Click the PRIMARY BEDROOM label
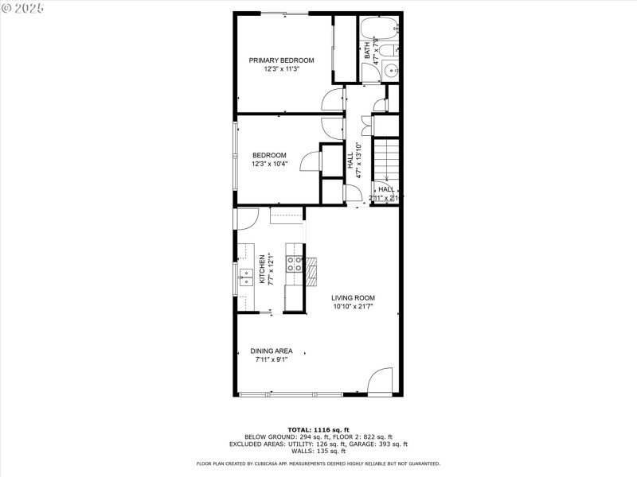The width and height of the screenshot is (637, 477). pos(281,60)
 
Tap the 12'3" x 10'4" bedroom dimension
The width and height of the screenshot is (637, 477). pos(269,165)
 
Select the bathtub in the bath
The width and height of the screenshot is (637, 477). pos(378,30)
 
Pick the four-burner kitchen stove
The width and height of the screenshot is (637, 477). pos(295,265)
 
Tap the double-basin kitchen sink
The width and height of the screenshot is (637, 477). pos(247,276)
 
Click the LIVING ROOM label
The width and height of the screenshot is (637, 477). pos(353,298)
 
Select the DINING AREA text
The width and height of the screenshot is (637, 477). pos(271,351)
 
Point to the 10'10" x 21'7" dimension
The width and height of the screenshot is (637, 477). pos(353,307)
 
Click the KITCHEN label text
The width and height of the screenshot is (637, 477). pos(262,270)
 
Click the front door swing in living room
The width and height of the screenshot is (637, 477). pos(381,380)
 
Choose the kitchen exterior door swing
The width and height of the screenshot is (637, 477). pos(245,219)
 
